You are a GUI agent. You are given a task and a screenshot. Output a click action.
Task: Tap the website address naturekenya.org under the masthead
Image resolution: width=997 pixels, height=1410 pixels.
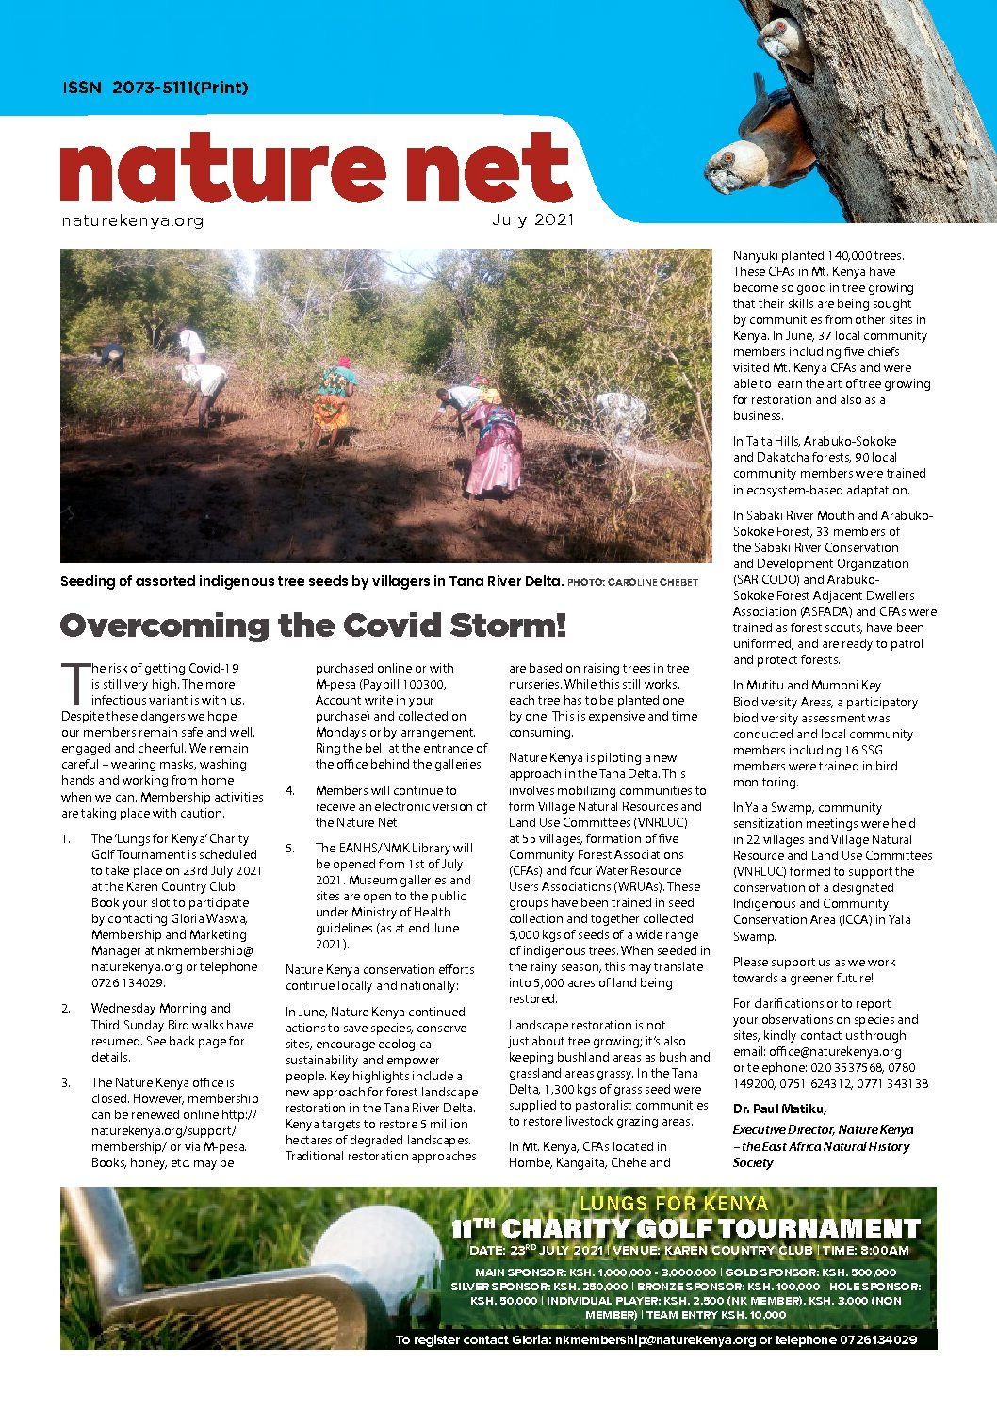click(132, 221)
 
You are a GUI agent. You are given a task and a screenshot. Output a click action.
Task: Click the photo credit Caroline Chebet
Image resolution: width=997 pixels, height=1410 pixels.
click(652, 582)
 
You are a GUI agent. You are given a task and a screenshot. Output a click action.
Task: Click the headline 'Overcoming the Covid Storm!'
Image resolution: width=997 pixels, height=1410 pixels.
click(313, 625)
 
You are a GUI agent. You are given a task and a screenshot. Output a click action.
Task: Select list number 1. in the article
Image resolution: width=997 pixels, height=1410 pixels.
click(66, 838)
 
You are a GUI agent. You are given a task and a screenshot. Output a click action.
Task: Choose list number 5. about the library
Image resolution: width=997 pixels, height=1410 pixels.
click(290, 848)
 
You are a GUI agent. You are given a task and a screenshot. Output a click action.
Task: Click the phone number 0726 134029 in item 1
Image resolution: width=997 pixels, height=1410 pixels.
click(128, 982)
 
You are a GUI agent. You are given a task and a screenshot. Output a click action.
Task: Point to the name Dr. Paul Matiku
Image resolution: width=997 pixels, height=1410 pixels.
click(779, 1109)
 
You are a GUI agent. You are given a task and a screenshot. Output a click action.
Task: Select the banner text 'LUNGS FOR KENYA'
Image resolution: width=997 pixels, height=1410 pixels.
click(673, 1203)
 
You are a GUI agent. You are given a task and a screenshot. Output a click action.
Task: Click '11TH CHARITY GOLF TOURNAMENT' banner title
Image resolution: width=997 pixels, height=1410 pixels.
click(685, 1228)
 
